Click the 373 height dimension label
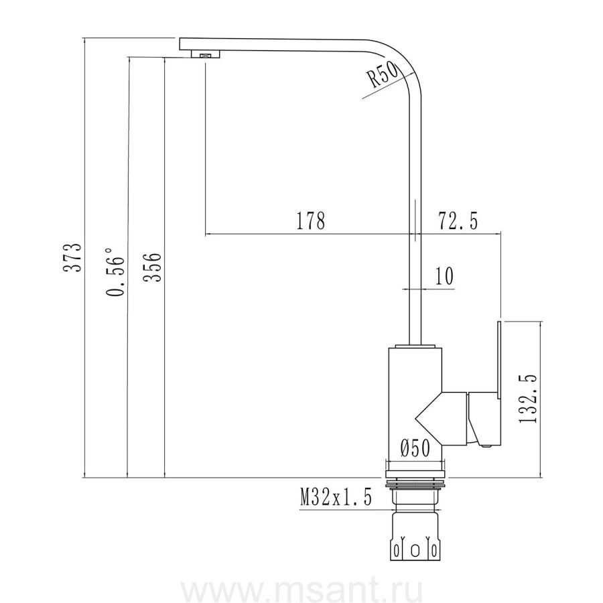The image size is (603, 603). point(72,257)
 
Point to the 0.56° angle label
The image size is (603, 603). point(115,272)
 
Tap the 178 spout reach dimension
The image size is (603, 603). point(311,220)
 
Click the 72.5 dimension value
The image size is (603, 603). point(458,220)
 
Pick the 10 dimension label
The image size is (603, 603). point(444,275)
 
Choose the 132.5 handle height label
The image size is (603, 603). point(528,398)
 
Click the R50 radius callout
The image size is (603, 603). point(383,75)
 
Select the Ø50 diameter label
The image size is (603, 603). point(415,448)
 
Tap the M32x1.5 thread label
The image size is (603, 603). point(336,498)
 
